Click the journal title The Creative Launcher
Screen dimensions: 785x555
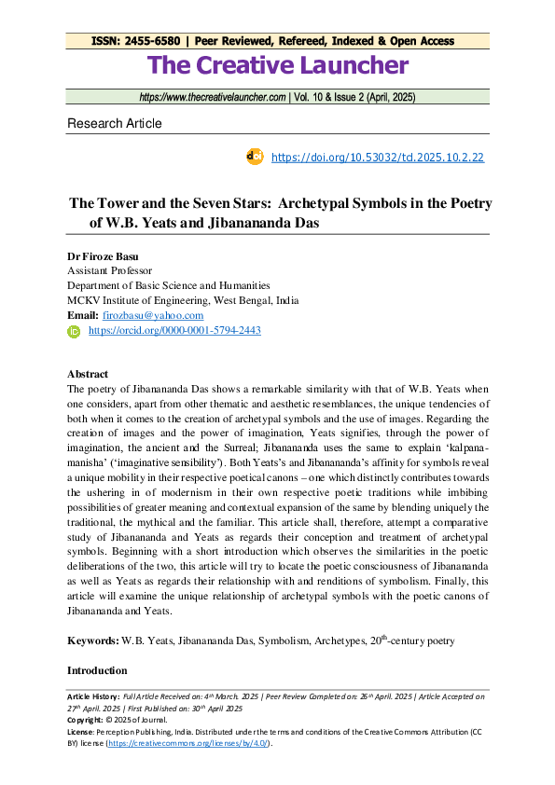(277, 65)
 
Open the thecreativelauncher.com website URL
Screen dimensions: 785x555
(212, 97)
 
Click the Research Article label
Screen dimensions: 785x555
(114, 123)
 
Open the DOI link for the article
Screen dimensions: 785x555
(377, 158)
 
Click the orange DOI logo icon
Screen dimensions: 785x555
(255, 157)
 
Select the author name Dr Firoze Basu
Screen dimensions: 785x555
(106, 255)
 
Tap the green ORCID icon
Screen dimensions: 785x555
(74, 331)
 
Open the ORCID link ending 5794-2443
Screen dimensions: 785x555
(174, 331)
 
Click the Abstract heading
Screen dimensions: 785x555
(88, 374)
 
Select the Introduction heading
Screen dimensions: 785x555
(97, 670)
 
